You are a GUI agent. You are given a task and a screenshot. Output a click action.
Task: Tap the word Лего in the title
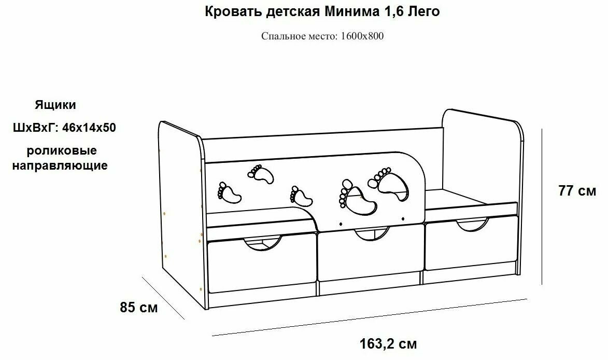coord(425,12)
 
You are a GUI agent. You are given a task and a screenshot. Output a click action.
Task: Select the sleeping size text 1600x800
coord(362,36)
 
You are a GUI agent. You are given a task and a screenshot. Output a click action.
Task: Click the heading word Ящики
coord(55,105)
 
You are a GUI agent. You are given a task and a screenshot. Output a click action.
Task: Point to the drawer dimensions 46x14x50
coord(89,128)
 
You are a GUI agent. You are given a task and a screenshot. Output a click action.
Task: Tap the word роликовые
coord(62,151)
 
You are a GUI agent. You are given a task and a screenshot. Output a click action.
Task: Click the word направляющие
coord(60,166)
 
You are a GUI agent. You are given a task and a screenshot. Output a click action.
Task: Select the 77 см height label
coord(577,191)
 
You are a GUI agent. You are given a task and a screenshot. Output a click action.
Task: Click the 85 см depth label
coord(139,308)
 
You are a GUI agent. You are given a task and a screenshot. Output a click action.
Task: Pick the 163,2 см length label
coord(388,343)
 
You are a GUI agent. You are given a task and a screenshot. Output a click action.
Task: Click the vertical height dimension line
coord(542,207)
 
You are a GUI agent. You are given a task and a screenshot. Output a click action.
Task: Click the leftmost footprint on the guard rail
coord(229,192)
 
